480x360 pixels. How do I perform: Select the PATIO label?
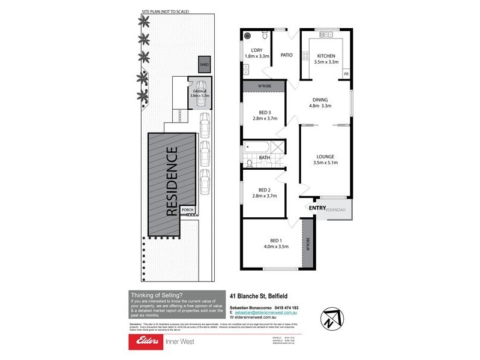[286, 55]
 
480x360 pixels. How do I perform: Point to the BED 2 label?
[265, 189]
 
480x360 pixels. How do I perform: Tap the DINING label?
[320, 100]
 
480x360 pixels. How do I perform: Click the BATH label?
[265, 158]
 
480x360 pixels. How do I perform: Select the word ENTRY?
[317, 208]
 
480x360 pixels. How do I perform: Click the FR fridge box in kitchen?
[346, 74]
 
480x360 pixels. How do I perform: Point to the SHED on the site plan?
[205, 64]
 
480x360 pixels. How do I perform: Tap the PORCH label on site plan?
[187, 210]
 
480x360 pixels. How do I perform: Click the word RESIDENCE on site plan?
[171, 181]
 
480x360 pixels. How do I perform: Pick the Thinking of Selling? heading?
[152, 295]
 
